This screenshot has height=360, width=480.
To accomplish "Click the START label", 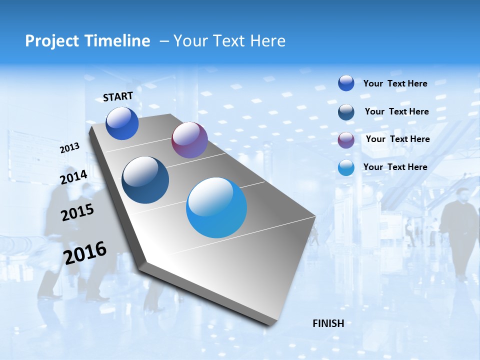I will pos(118,96).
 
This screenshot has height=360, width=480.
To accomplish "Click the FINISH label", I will pos(328,323).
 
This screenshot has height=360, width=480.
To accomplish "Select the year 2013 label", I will pos(70,148).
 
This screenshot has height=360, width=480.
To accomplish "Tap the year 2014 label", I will pos(74,177).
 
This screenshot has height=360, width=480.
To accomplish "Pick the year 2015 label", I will pos(77,212).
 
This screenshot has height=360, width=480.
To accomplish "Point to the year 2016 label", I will pos(85,253).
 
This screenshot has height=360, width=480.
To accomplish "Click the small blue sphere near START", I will pos(122,123).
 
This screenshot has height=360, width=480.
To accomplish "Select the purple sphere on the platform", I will pos(189,140).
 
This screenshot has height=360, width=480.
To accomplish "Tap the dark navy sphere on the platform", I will pos(145,180).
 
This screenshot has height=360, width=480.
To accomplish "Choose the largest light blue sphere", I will pos(216,207).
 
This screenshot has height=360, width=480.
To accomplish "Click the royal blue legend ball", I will pos(346,83).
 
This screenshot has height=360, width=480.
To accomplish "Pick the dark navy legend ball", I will pos(346,111).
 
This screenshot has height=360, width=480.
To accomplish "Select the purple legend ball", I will pos(346,139).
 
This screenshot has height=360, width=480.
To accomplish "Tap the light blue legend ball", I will pos(346,167).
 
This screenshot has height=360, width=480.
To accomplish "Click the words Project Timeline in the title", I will pos(87,41).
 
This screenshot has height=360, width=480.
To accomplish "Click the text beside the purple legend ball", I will pos(397,139).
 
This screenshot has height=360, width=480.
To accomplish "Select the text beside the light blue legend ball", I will pos(395,167).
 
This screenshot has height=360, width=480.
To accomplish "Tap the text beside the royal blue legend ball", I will pos(395,83).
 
